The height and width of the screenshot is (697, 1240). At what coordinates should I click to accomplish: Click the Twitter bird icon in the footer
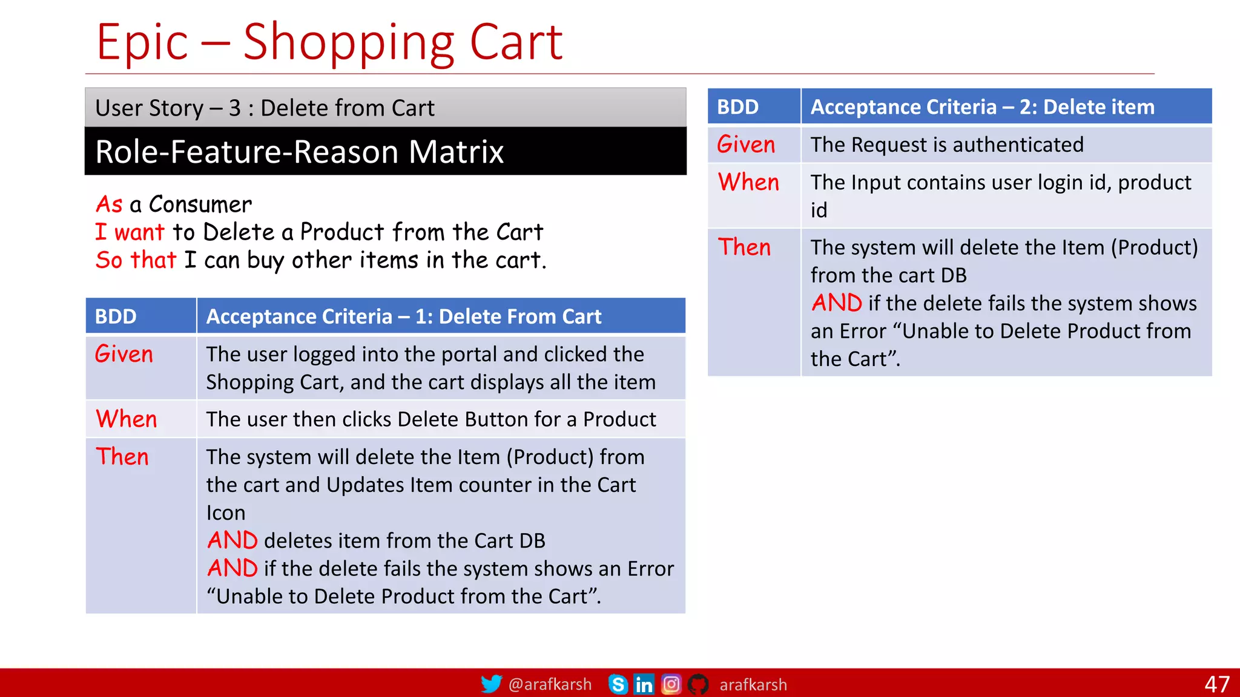[x=491, y=684]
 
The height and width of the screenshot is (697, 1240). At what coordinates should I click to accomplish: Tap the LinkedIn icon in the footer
[x=644, y=684]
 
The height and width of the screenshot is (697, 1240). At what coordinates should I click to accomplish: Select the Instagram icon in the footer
[x=671, y=684]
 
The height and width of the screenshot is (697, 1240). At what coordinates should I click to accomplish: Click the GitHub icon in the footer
[x=698, y=684]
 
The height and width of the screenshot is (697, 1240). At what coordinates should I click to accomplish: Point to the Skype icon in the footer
[x=618, y=684]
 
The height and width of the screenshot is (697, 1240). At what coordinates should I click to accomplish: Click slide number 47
[x=1216, y=684]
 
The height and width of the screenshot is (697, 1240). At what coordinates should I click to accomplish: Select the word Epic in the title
[x=142, y=42]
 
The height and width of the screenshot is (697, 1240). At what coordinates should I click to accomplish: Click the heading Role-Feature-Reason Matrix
[x=300, y=151]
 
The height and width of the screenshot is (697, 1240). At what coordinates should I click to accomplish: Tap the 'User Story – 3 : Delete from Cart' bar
[x=265, y=108]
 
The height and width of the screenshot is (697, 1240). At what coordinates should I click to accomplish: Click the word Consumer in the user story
[x=200, y=205]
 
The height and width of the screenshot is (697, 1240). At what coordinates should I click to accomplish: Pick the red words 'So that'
[x=136, y=260]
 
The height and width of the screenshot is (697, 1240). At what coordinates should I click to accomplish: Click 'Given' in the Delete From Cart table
[x=124, y=355]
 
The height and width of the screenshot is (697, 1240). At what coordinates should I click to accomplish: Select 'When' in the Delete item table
[x=748, y=183]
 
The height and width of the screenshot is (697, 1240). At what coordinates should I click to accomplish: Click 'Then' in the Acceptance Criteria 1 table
[x=122, y=457]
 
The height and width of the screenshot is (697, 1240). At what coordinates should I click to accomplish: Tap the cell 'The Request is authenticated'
[x=946, y=145]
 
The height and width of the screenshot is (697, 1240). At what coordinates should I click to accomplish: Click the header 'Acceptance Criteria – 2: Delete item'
[x=982, y=107]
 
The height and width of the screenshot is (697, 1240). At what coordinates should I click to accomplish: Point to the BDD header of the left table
[x=116, y=316]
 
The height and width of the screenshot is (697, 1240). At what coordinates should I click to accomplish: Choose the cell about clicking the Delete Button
[x=430, y=419]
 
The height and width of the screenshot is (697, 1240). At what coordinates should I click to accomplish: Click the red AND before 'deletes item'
[x=232, y=540]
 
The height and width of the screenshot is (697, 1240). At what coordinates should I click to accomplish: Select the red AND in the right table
[x=837, y=303]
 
